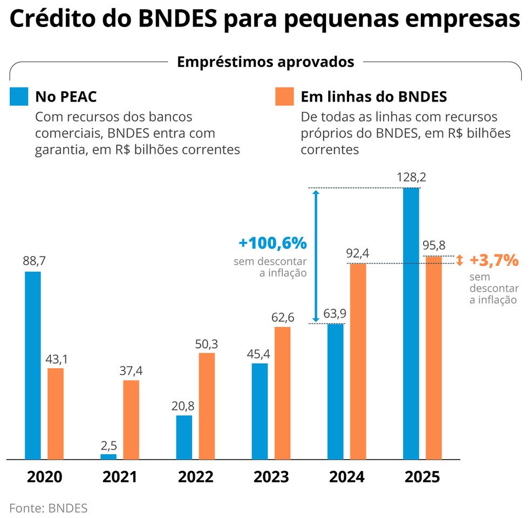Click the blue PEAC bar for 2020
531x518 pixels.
point(33,365)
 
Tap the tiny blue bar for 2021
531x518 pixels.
point(108,456)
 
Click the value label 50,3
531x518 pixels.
point(207,344)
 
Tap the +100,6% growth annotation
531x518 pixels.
point(273,243)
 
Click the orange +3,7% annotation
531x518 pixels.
point(494,260)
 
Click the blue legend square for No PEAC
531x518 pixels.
point(19,96)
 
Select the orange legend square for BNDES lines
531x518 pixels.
point(284,96)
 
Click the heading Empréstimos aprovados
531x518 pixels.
point(265,62)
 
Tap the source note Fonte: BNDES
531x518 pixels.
point(48,508)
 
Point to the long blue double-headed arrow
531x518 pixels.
point(316,255)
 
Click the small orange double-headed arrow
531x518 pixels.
point(459,260)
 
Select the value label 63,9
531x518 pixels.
point(335,314)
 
